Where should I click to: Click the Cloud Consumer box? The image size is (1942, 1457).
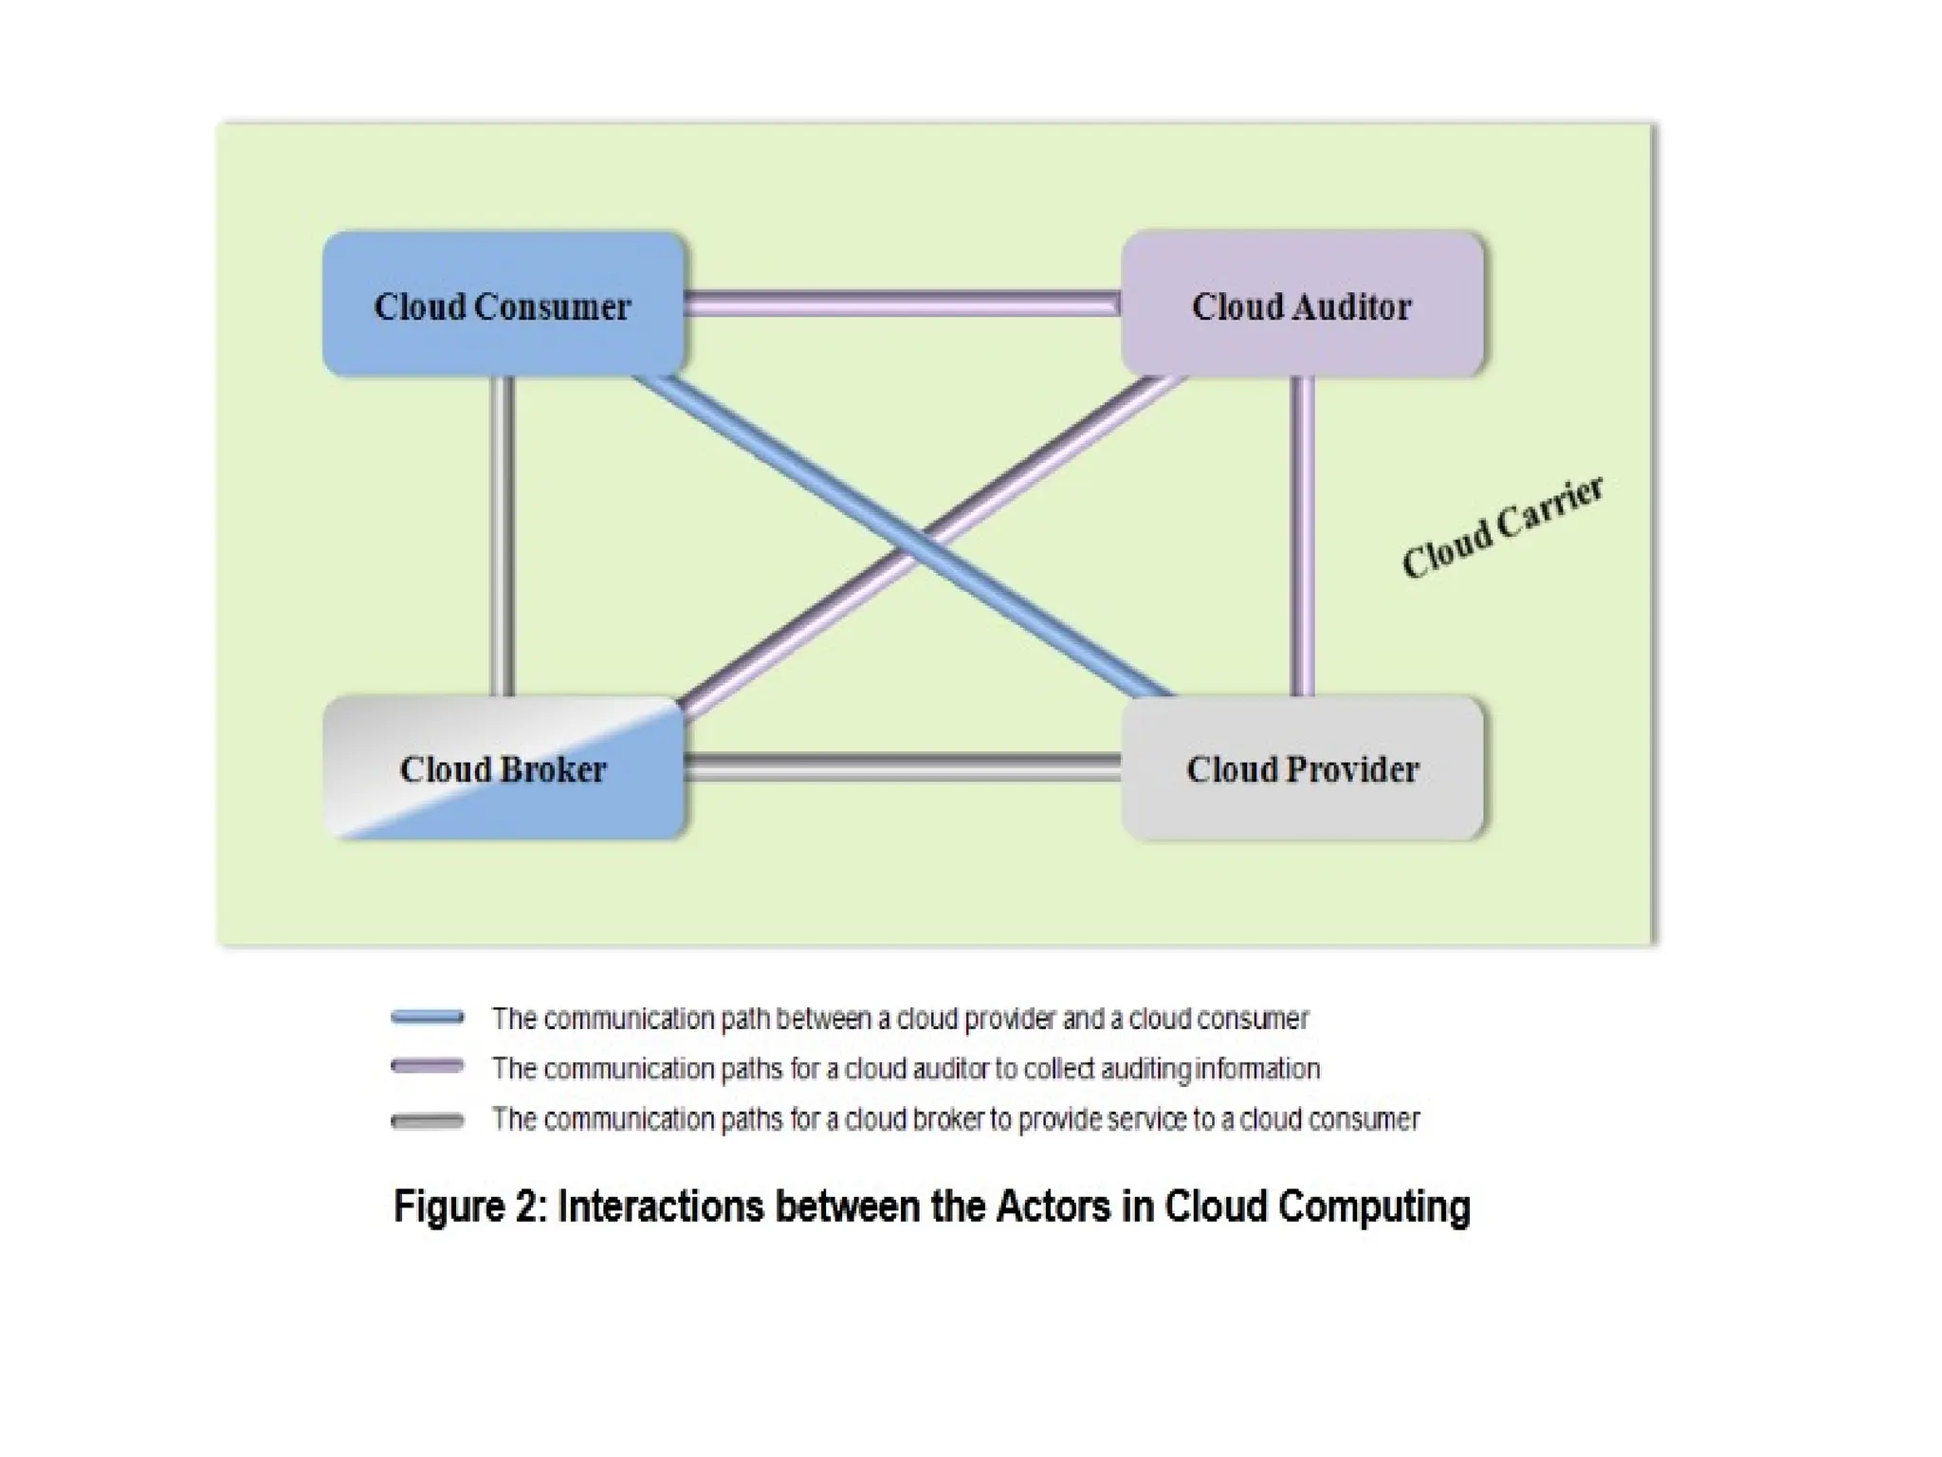(x=503, y=304)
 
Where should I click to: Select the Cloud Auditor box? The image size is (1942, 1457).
(x=1302, y=304)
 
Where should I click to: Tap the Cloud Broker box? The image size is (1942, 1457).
(x=503, y=768)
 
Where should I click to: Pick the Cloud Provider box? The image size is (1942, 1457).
(x=1302, y=768)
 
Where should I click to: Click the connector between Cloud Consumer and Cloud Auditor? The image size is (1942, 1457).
(x=901, y=304)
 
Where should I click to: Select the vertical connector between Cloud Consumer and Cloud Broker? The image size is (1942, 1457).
(x=503, y=536)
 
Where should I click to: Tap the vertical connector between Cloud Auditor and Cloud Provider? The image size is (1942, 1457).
(x=1303, y=536)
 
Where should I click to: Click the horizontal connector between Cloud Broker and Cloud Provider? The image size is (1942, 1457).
(x=901, y=767)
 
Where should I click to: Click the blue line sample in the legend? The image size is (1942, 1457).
(x=428, y=1018)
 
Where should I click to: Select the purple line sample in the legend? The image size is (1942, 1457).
(x=428, y=1067)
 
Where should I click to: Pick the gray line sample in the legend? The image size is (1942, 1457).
(x=428, y=1121)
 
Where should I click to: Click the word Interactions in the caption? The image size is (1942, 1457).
(x=661, y=1207)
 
